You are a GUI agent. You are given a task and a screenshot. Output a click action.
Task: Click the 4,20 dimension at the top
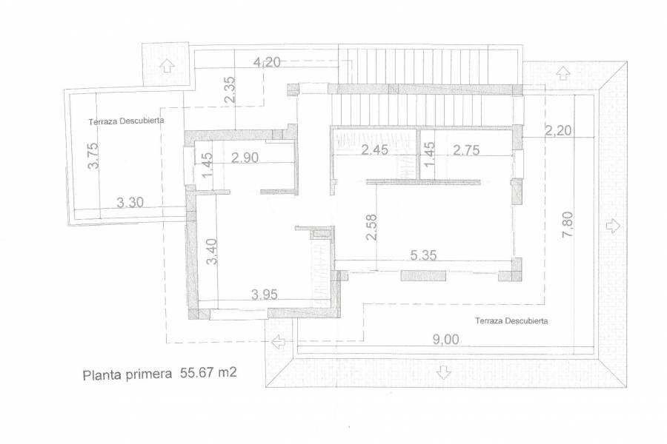click(267, 63)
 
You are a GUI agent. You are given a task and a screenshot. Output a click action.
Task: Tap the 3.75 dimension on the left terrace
click(93, 155)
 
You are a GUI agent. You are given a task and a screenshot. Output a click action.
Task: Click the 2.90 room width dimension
click(245, 157)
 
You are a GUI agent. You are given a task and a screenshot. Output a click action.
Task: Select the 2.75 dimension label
click(468, 151)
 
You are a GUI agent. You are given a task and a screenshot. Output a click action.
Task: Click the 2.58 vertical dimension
click(371, 227)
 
